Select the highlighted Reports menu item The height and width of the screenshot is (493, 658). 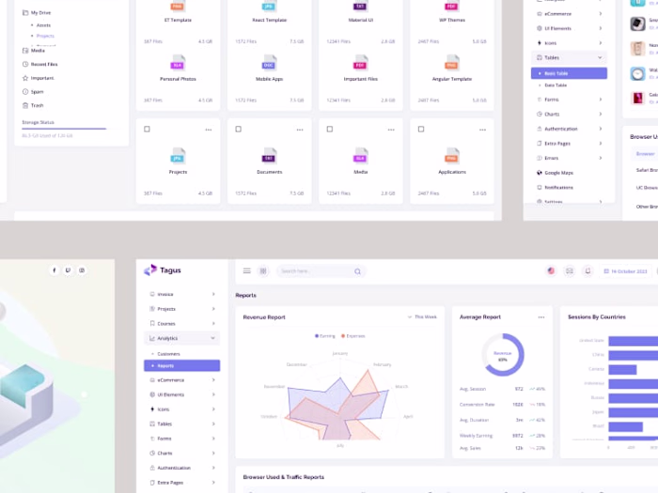click(x=181, y=366)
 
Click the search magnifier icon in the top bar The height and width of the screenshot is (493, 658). click(x=357, y=271)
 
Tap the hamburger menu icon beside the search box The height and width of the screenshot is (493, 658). click(x=247, y=270)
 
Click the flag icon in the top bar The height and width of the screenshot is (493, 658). click(x=551, y=271)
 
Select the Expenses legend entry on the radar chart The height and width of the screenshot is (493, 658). click(x=353, y=335)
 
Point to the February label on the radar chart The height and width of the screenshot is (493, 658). click(x=382, y=363)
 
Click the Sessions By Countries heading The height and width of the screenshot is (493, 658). click(x=596, y=317)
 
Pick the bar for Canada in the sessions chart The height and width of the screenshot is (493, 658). click(x=632, y=369)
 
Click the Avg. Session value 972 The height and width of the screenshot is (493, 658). click(x=519, y=389)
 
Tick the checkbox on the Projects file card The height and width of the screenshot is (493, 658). click(x=147, y=129)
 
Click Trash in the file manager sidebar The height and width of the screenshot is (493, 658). click(x=37, y=105)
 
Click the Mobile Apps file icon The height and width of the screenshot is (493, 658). click(x=269, y=63)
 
